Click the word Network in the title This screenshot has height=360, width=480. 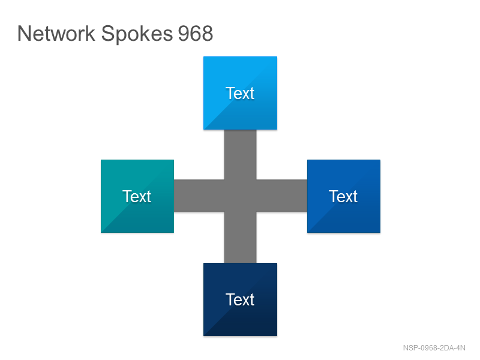[x=56, y=33]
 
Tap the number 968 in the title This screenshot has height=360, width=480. [x=196, y=34]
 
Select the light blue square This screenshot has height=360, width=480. [x=241, y=93]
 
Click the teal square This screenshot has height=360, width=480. [x=137, y=196]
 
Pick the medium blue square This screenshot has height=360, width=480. [x=344, y=196]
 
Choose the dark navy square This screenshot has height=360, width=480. [x=241, y=299]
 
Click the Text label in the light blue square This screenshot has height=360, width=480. [x=240, y=93]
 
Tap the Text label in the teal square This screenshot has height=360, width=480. [x=137, y=196]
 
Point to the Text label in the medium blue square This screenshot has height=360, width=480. [x=343, y=196]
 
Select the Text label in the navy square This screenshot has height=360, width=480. [x=240, y=299]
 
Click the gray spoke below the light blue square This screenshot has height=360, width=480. [x=241, y=155]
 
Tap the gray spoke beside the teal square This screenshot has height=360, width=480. [x=199, y=196]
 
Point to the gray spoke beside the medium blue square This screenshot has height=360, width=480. [x=281, y=196]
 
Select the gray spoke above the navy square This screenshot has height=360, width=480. [x=241, y=237]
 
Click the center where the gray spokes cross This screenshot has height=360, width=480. [x=241, y=196]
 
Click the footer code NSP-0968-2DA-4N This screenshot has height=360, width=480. [x=434, y=348]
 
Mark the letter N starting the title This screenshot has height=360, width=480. [x=24, y=34]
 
